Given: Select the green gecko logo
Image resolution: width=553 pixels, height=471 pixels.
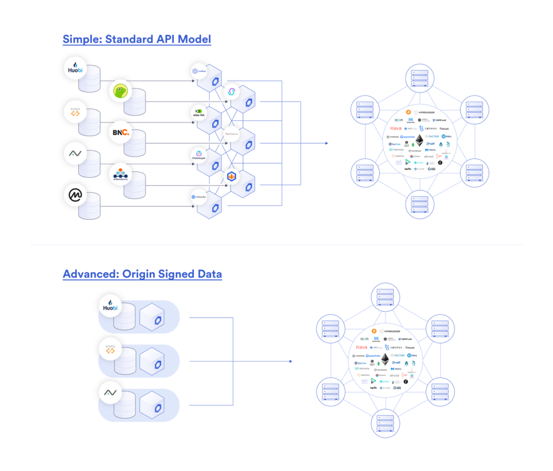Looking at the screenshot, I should pyautogui.click(x=122, y=92).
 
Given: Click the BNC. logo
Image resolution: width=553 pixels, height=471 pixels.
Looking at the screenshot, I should pyautogui.click(x=121, y=132).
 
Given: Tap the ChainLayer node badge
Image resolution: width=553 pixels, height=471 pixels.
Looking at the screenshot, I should pyautogui.click(x=198, y=156).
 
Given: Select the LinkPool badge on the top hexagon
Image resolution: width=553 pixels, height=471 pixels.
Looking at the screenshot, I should pyautogui.click(x=198, y=71).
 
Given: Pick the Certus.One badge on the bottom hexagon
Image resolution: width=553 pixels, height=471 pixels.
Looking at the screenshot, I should pyautogui.click(x=198, y=197).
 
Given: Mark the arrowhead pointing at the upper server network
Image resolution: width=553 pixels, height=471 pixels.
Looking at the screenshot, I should pyautogui.click(x=326, y=143).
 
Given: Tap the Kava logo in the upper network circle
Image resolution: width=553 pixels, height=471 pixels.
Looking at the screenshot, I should pyautogui.click(x=396, y=128).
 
